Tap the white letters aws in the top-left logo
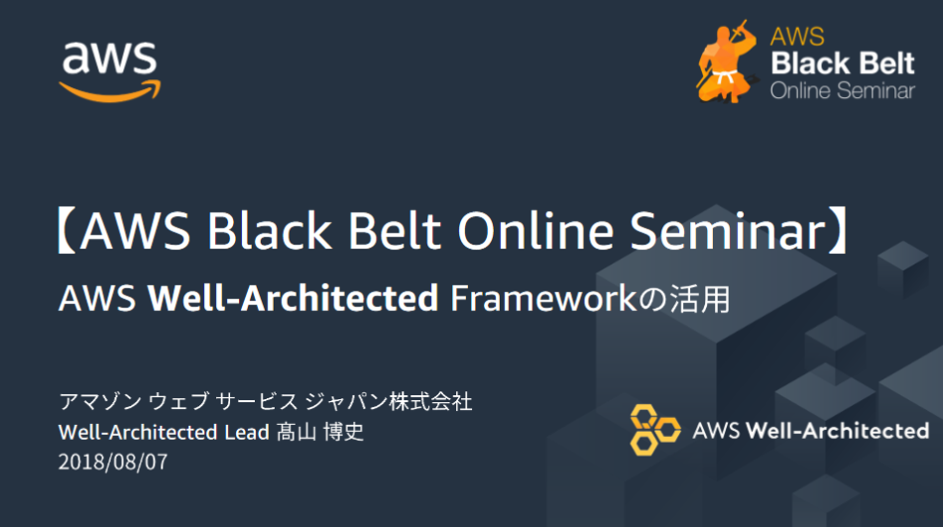tap(109, 58)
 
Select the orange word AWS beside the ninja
tap(797, 37)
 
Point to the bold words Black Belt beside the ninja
tap(843, 63)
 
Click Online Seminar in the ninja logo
tap(843, 91)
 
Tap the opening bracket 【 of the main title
tap(66, 230)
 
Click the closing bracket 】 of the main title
tap(838, 230)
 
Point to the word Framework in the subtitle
tap(543, 298)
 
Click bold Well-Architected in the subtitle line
tap(293, 298)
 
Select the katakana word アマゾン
tap(100, 401)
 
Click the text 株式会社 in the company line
tap(430, 401)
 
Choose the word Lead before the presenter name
tap(247, 432)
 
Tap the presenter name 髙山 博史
tap(320, 432)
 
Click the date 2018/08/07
tap(113, 462)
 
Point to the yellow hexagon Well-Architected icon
tap(654, 430)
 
